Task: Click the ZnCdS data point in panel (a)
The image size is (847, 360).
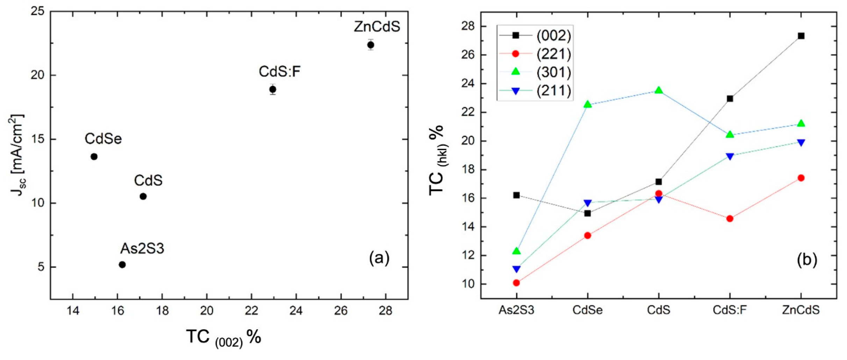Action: pyautogui.click(x=371, y=45)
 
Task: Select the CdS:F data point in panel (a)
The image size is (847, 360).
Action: pyautogui.click(x=273, y=89)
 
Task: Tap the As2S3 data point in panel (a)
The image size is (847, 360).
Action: pyautogui.click(x=122, y=265)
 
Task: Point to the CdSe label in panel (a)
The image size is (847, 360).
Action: pyautogui.click(x=103, y=139)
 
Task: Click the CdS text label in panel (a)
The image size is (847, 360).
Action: pyautogui.click(x=148, y=180)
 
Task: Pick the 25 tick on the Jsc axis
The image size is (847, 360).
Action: pyautogui.click(x=37, y=12)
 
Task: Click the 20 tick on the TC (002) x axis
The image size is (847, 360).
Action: pyautogui.click(x=207, y=310)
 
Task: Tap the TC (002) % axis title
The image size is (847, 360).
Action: pyautogui.click(x=224, y=337)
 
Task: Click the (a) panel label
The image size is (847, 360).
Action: pyautogui.click(x=379, y=258)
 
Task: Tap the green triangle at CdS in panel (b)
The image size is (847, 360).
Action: pyautogui.click(x=659, y=91)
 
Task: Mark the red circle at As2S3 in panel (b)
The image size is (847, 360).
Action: pyautogui.click(x=516, y=283)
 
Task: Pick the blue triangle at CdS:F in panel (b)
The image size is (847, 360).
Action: pyautogui.click(x=730, y=156)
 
